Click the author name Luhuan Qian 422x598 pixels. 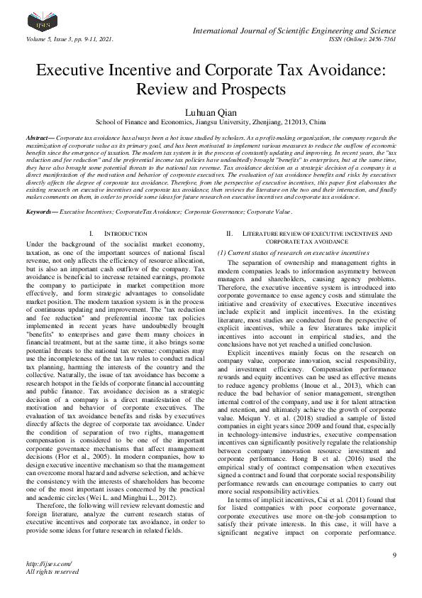point(211,112)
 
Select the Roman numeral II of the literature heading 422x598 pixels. point(229,234)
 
